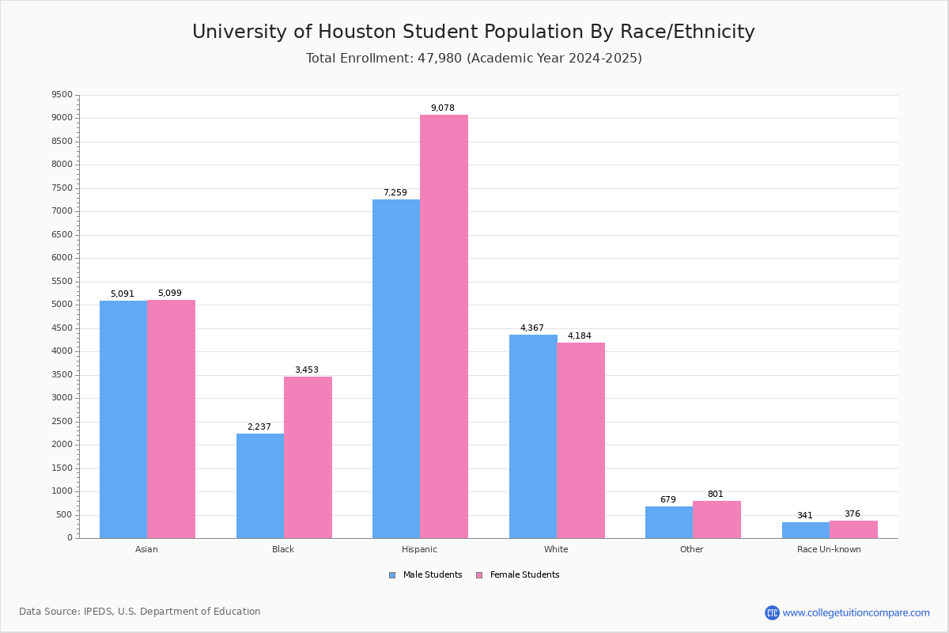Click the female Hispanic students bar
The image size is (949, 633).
444,326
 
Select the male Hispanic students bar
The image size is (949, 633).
396,369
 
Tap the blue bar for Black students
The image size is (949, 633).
260,486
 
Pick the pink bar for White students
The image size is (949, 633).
580,440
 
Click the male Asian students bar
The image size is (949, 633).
123,419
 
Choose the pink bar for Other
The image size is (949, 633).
716,519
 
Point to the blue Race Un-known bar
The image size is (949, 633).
805,530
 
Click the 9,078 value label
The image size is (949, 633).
442,108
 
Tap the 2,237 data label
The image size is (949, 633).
259,427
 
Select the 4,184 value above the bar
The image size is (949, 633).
579,336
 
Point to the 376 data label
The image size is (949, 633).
852,514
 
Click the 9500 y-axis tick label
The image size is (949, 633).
62,95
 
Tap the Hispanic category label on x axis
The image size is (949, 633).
419,549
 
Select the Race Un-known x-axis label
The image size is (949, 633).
829,549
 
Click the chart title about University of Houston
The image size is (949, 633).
474,32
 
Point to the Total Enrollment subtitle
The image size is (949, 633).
474,59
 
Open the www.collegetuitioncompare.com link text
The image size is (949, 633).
856,612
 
